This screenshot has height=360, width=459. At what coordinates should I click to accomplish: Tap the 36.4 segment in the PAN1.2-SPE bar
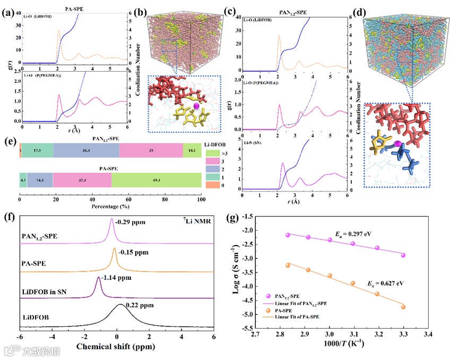(x=86, y=151)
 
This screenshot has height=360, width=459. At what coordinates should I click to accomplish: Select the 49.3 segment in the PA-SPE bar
(x=156, y=180)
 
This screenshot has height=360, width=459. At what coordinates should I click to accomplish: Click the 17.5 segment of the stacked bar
(x=37, y=151)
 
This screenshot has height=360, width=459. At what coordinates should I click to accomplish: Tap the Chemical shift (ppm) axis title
(x=116, y=351)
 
